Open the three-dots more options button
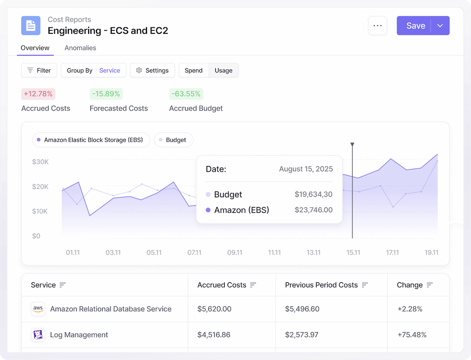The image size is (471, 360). [x=377, y=26]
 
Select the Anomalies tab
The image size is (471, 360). [x=80, y=48]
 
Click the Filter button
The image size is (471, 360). [x=39, y=71]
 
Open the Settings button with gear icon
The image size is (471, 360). [x=152, y=71]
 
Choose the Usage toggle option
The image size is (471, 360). [x=223, y=71]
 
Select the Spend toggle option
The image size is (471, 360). [x=194, y=71]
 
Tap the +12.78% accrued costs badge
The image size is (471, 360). [x=38, y=94]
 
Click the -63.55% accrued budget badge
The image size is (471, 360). [x=186, y=94]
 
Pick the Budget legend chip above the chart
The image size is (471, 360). [x=173, y=140]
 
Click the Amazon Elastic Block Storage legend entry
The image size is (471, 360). [x=91, y=140]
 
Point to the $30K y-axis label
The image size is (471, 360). [x=40, y=162]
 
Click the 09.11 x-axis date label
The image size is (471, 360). [x=235, y=253]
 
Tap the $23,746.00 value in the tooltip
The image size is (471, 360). [x=314, y=210]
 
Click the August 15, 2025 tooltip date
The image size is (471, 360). [x=306, y=169]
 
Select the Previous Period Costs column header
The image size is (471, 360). [x=321, y=285]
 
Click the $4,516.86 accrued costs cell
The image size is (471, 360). [x=214, y=335]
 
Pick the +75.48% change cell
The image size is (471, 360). [x=412, y=335]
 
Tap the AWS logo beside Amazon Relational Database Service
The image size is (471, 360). [x=38, y=309]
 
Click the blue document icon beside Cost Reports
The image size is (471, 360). [x=31, y=25]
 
